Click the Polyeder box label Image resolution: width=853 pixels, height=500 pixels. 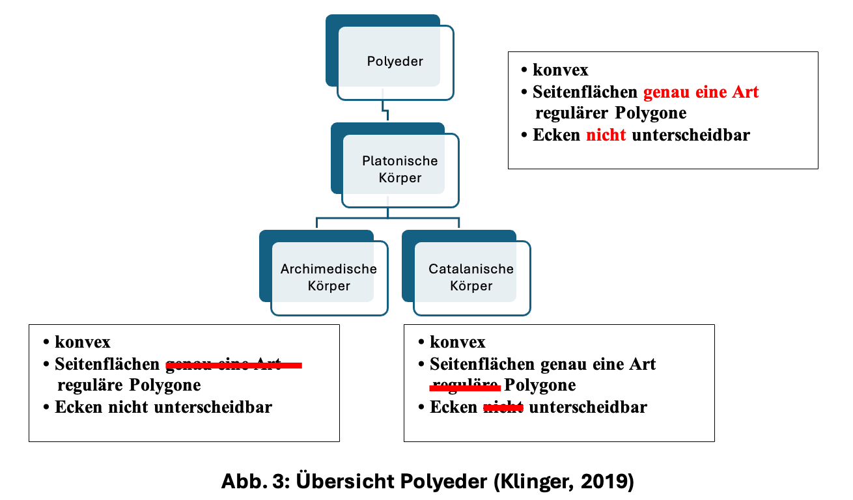pos(395,62)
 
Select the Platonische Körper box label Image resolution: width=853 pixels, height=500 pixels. pos(400,169)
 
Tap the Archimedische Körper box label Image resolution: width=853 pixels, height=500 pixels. pos(329,277)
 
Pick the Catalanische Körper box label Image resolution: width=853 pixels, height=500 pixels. pos(471,277)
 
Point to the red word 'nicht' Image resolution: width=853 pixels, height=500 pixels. pos(606,135)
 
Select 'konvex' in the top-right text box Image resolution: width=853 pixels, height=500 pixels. pos(560,70)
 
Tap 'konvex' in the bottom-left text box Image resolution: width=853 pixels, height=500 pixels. pos(83,342)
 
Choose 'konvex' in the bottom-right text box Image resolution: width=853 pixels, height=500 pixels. pos(458,342)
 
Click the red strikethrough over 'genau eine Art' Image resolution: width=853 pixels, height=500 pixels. pos(234,366)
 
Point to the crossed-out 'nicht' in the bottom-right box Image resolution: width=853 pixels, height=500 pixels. pos(503,408)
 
